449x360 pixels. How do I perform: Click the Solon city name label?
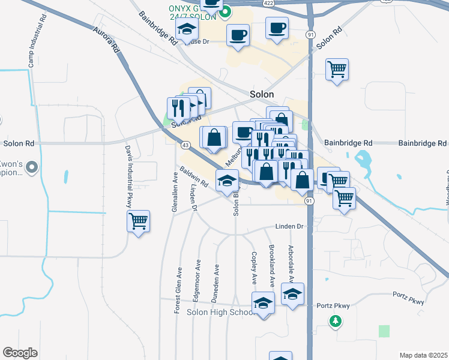pyautogui.click(x=262, y=94)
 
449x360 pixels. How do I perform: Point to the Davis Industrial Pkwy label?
pyautogui.click(x=128, y=175)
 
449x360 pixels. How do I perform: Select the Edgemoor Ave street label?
pyautogui.click(x=196, y=281)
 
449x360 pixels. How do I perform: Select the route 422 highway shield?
pyautogui.click(x=269, y=3)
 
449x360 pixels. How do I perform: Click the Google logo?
pyautogui.click(x=20, y=353)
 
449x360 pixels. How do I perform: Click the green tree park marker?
pyautogui.click(x=336, y=322)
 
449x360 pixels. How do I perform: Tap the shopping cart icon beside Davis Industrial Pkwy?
pyautogui.click(x=139, y=221)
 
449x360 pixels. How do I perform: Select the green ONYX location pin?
pyautogui.click(x=226, y=11)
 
